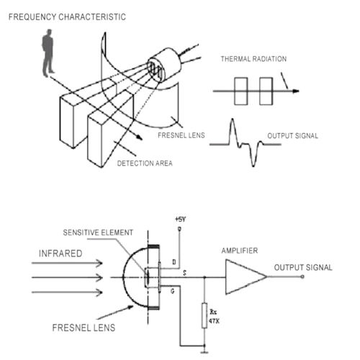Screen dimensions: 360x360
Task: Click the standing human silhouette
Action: coord(48,53)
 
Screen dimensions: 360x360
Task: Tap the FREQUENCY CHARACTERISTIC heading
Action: coord(67,17)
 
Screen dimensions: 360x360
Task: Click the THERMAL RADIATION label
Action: coord(253,59)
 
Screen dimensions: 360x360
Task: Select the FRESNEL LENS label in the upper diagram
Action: coord(181,135)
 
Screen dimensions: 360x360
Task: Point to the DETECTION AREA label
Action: coord(145,163)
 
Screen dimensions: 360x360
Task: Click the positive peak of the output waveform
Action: coord(232,120)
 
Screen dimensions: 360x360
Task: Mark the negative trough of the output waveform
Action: coord(253,165)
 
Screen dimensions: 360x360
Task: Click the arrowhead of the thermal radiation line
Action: coord(296,91)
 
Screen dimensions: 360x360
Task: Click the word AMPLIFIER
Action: coord(240,251)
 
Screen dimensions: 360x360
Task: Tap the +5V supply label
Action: coord(180,219)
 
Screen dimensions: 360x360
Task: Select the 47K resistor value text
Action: coord(214,321)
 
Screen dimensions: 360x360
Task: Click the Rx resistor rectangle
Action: coord(204,315)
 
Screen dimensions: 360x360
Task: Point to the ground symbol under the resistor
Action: coord(204,351)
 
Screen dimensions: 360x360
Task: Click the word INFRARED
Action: coord(60,253)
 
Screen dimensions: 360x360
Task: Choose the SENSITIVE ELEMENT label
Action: coord(98,233)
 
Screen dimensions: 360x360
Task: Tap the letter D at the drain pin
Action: coord(174,262)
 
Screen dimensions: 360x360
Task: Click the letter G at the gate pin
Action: coord(173,292)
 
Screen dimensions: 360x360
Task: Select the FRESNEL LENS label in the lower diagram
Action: coord(84,328)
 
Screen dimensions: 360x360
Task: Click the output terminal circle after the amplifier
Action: coord(302,276)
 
